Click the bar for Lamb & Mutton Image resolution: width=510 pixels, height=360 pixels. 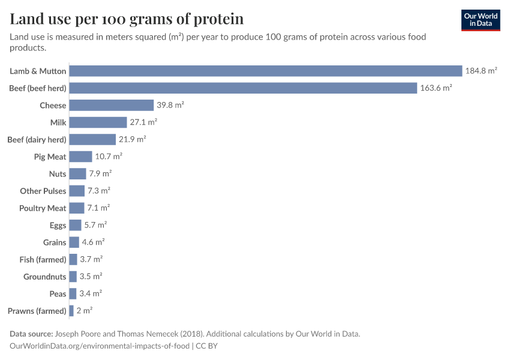(x=265, y=71)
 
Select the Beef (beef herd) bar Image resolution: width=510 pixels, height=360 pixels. (x=243, y=88)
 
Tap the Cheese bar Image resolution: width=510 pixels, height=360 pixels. (x=112, y=105)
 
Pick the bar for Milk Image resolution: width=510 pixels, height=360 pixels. (x=98, y=122)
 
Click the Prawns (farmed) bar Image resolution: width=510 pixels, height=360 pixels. (x=71, y=311)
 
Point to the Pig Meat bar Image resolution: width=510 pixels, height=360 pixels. (x=80, y=157)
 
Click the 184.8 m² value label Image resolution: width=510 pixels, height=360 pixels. (x=481, y=71)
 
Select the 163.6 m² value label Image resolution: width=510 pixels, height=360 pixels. (x=436, y=88)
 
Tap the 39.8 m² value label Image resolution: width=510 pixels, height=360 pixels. (x=170, y=105)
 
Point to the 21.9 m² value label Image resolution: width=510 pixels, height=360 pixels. (x=132, y=139)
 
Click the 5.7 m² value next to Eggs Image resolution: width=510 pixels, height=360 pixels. (x=95, y=225)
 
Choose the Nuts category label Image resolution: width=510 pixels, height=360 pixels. (x=58, y=174)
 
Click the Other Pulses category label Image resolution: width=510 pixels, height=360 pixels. (x=43, y=191)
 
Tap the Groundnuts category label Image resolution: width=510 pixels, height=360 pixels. (x=45, y=277)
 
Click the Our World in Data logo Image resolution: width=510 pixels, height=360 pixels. (x=481, y=20)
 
